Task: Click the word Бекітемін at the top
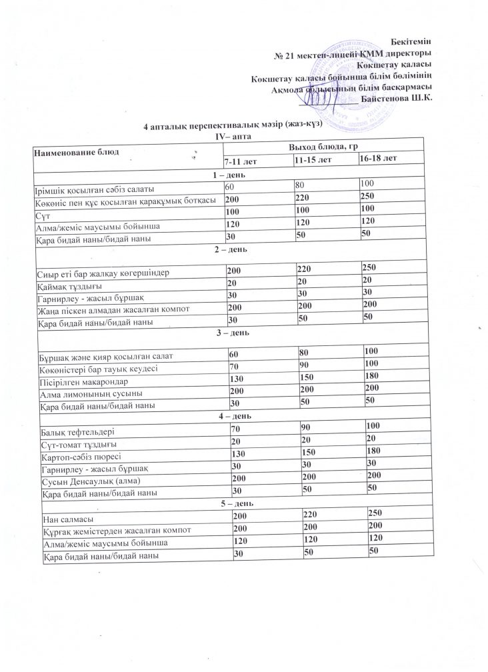pyautogui.click(x=409, y=42)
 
